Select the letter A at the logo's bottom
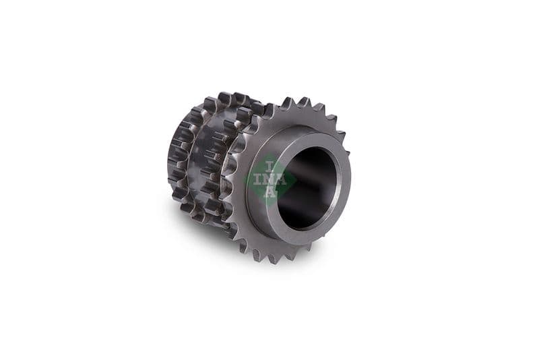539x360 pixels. click(x=271, y=192)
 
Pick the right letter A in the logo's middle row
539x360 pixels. click(x=282, y=179)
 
